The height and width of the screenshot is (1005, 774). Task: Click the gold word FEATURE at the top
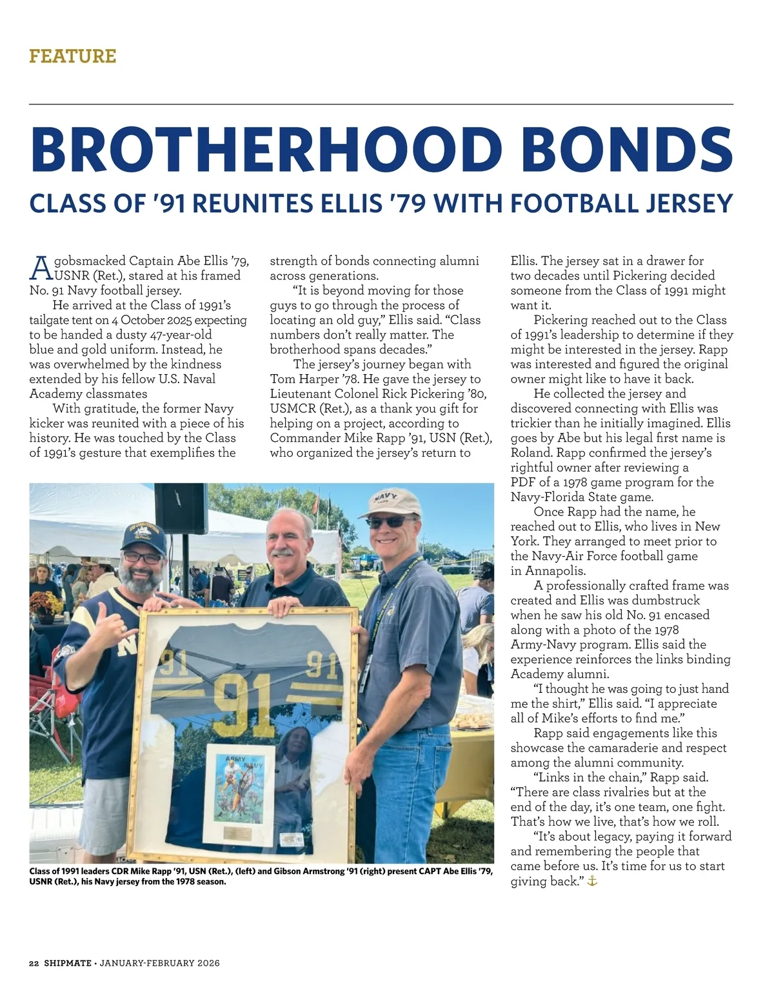(x=72, y=56)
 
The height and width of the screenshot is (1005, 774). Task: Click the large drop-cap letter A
(x=40, y=267)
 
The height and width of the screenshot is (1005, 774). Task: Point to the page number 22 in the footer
(x=34, y=963)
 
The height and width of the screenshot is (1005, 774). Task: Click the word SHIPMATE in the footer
(x=68, y=963)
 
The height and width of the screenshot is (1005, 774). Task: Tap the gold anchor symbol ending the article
(x=592, y=881)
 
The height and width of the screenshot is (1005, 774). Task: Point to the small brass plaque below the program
(x=237, y=832)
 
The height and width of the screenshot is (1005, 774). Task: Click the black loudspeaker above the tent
(x=181, y=508)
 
